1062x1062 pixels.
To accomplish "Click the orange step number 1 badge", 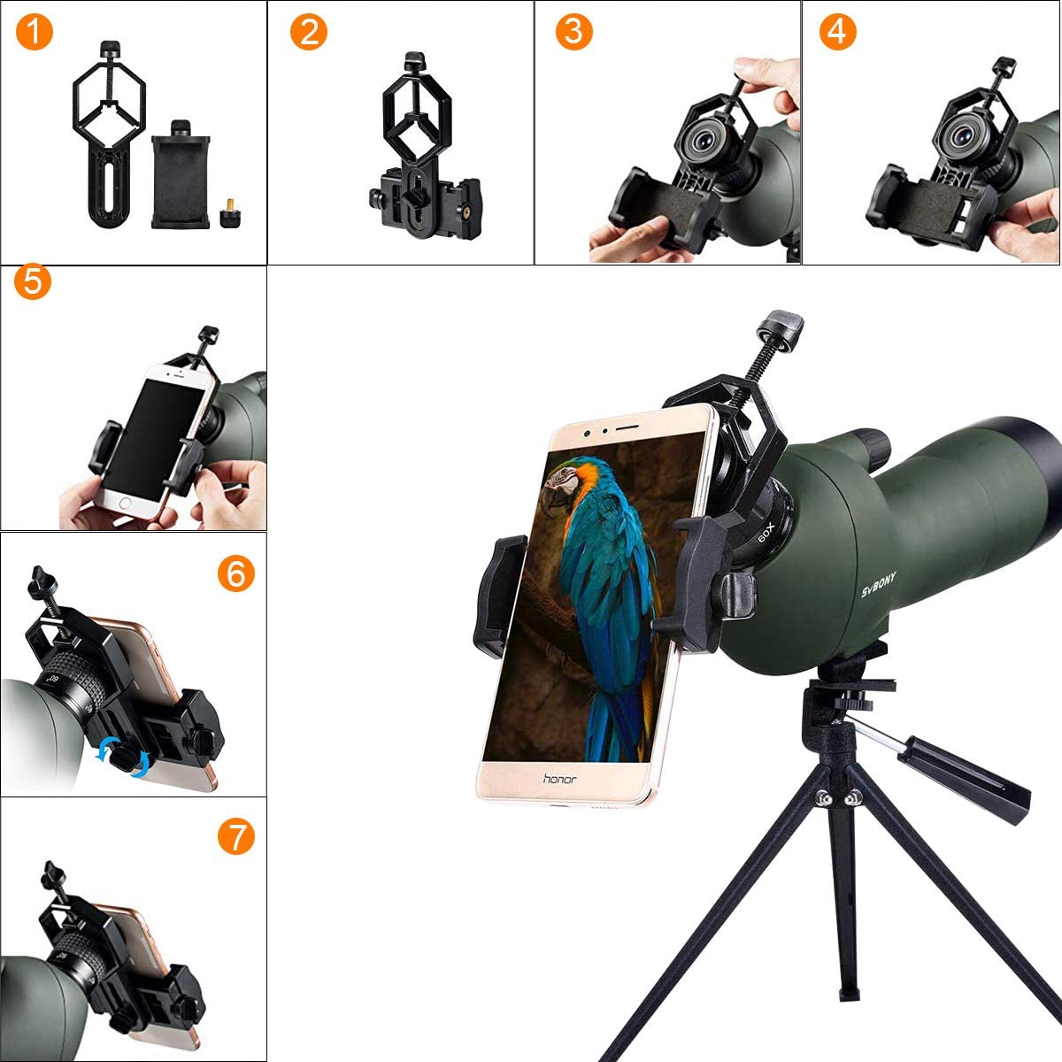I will click(x=34, y=32).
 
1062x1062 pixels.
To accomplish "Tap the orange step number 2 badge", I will click(x=308, y=32).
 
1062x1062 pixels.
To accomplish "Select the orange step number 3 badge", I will click(x=574, y=32).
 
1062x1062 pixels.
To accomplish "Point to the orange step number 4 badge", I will click(x=838, y=32).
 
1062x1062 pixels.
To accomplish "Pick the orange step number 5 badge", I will click(x=34, y=283).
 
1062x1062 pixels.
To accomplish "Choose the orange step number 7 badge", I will click(x=235, y=835).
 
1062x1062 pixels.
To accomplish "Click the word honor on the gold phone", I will click(x=558, y=779).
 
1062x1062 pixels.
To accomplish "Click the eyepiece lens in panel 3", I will click(x=704, y=140).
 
